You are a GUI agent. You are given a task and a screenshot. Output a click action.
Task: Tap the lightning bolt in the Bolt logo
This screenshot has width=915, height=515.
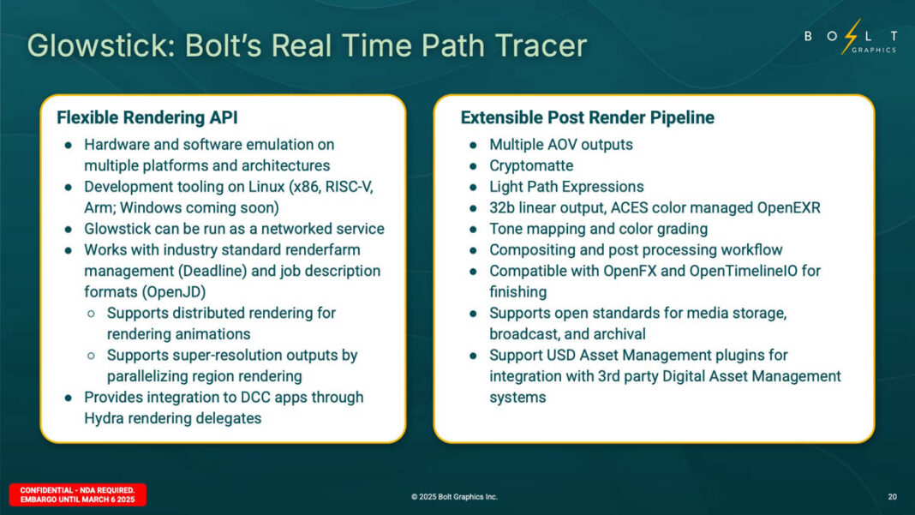point(852,36)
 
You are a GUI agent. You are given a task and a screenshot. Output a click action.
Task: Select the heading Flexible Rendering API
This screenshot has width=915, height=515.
point(147,117)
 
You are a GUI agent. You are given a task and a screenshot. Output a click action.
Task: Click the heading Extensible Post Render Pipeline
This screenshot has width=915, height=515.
point(587,117)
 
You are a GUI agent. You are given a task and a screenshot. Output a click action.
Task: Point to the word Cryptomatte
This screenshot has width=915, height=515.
point(531,166)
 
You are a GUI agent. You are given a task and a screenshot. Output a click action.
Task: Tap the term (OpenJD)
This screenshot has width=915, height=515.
point(174,292)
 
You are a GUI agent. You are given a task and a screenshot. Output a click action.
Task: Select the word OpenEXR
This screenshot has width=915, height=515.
point(788,208)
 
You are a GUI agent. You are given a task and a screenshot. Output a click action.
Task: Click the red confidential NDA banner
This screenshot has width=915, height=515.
point(78,494)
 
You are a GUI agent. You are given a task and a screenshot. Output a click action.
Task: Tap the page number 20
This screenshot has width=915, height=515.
point(892,497)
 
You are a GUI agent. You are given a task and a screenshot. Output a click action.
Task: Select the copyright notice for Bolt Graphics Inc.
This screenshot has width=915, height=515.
point(454,497)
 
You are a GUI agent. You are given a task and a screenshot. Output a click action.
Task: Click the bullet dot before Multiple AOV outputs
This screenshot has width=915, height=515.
point(473,145)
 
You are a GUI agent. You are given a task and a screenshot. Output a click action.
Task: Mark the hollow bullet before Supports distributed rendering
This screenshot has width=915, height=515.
point(91,314)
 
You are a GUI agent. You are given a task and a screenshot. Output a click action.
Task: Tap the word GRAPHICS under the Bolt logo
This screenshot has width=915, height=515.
point(874,51)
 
